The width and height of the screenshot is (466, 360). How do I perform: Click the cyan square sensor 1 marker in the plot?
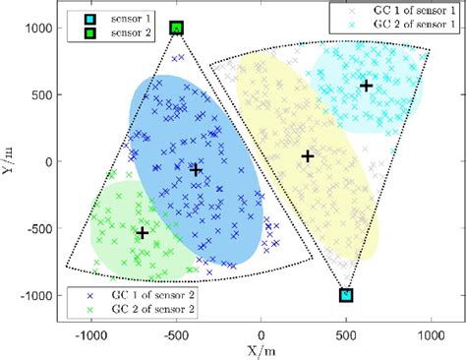point(346,295)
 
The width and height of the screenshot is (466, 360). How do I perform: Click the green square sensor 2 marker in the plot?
point(176,29)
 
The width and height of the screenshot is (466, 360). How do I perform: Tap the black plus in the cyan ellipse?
point(366,86)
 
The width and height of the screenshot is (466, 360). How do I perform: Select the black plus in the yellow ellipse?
point(307,156)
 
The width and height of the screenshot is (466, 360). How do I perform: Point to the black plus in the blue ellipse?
point(196,170)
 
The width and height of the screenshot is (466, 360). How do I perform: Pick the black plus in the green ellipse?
point(143,233)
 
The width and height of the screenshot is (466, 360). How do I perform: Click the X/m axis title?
point(261,349)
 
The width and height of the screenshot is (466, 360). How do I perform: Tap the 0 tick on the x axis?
point(261,333)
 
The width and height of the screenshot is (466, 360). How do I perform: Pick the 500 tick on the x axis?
point(346,333)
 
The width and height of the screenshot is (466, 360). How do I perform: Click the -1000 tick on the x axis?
point(90,333)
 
